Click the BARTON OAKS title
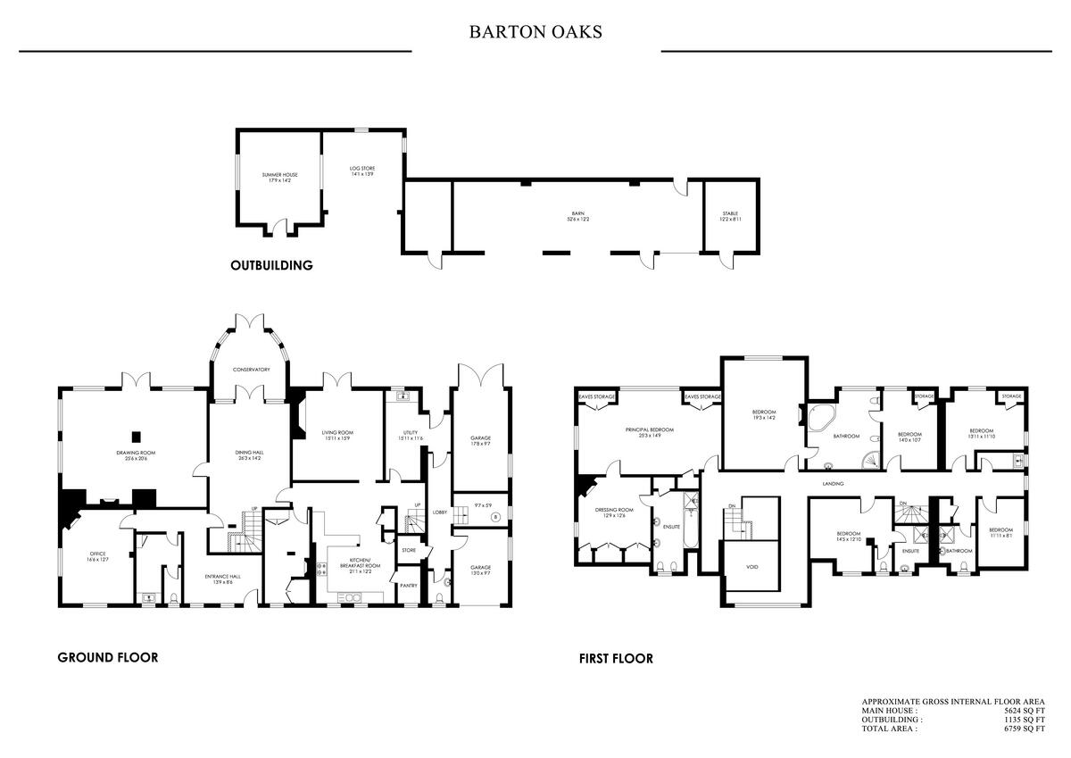click(x=535, y=33)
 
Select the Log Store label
click(x=362, y=170)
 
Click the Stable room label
click(x=730, y=217)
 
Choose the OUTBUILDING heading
click(x=271, y=265)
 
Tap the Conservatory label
click(x=252, y=370)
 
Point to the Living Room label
click(x=337, y=436)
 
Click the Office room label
click(x=98, y=556)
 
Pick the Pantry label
click(x=408, y=586)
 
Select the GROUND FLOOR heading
click(x=108, y=658)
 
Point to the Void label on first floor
click(x=751, y=566)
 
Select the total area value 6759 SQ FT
click(x=1024, y=729)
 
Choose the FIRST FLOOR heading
click(x=616, y=659)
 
